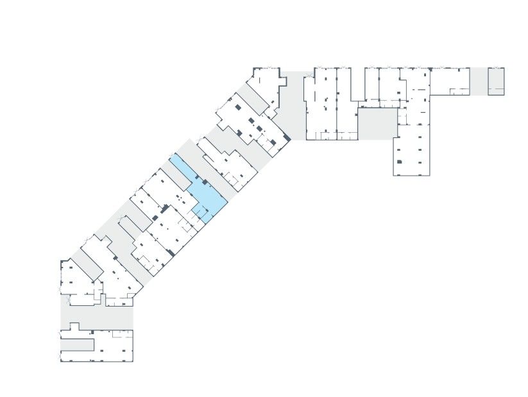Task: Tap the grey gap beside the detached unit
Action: click(x=479, y=81)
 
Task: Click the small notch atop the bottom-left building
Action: click(x=74, y=326)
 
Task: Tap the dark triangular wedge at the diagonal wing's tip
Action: click(x=287, y=138)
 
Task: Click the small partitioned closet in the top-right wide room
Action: click(x=459, y=92)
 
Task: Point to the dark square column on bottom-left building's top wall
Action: click(x=92, y=331)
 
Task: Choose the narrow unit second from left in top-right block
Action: click(x=343, y=103)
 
